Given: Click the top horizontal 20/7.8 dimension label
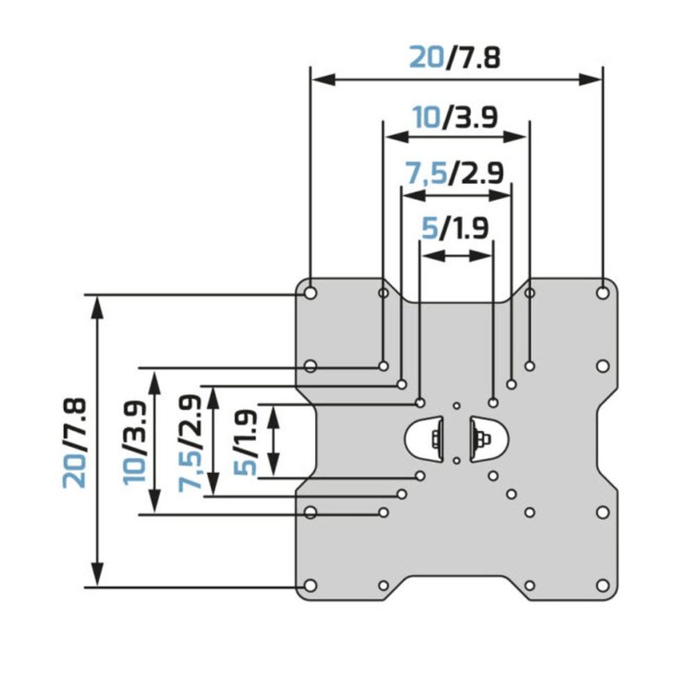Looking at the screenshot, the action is pos(455,57).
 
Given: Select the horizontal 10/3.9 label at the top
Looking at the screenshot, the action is pos(455,118).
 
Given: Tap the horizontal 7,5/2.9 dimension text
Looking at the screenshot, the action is pos(455,172).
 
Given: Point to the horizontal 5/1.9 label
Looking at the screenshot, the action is pos(455,229).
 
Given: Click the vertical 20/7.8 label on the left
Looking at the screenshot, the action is pos(74,443).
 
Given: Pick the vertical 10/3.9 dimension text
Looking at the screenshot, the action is pos(134,442).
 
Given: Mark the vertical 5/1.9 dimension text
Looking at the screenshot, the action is pos(245,443).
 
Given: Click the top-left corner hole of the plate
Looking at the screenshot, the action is pos(311,293).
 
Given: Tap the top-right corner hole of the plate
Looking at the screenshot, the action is pos(602,292).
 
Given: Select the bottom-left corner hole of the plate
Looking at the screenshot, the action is pos(311,586).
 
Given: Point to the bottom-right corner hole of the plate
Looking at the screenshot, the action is pos(602,586).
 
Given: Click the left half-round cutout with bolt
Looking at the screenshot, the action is pos(424,439).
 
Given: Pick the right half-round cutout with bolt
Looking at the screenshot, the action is pos(489,439).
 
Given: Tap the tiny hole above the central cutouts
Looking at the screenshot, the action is pos(457,406).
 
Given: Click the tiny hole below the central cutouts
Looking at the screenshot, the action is pos(457,460).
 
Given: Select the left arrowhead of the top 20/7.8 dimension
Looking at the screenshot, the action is pos(323,80).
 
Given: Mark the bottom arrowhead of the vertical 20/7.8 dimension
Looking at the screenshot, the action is pos(97,575).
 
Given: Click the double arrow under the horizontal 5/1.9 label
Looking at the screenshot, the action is pos(456,255).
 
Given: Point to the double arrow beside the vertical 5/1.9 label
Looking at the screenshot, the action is pos(274,441).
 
